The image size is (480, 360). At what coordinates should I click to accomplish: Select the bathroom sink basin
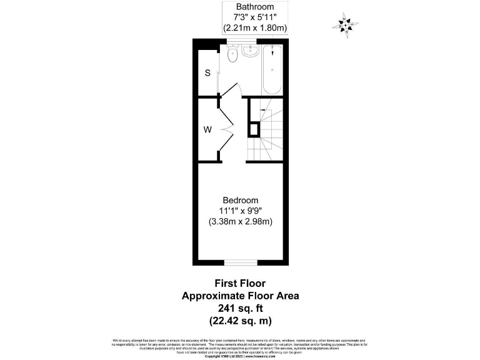[250, 51]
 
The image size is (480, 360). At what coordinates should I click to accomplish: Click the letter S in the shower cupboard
[207, 72]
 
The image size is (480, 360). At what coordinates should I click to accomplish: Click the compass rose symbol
[344, 24]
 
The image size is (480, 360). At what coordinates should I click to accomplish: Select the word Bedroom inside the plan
[241, 200]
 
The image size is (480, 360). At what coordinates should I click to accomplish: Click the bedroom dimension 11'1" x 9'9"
[241, 211]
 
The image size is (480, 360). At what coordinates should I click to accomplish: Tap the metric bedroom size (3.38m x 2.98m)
[241, 221]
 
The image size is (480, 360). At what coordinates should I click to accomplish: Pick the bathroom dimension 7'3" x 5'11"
[255, 17]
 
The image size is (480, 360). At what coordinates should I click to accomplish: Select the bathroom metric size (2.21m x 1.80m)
[255, 28]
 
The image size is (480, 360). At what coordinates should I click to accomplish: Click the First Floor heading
[240, 283]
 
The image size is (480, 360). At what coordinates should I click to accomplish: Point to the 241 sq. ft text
[240, 308]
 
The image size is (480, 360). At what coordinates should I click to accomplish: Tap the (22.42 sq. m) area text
[240, 321]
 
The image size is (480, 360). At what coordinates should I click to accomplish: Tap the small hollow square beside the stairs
[254, 129]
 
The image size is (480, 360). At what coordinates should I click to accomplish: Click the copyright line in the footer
[240, 357]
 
